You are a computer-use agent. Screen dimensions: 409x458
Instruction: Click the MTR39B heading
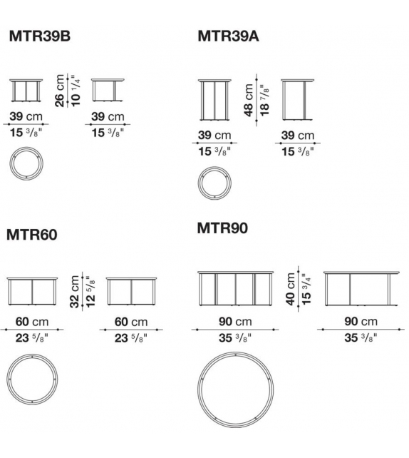coord(40,36)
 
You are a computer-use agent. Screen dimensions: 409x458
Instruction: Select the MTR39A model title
coord(228,36)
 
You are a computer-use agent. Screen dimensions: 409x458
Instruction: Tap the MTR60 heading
coord(32,235)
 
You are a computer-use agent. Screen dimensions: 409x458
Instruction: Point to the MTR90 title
coord(222,228)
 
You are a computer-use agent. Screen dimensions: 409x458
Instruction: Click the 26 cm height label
coord(60,91)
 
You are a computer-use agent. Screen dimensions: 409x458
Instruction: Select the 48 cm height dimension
coord(249,100)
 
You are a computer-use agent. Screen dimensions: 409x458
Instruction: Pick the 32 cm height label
coord(75,292)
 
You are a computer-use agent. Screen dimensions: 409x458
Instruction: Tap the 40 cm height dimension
coord(291,289)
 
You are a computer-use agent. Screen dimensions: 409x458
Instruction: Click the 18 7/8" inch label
coord(264,100)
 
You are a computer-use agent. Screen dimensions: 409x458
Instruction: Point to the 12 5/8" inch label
coord(90,291)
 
